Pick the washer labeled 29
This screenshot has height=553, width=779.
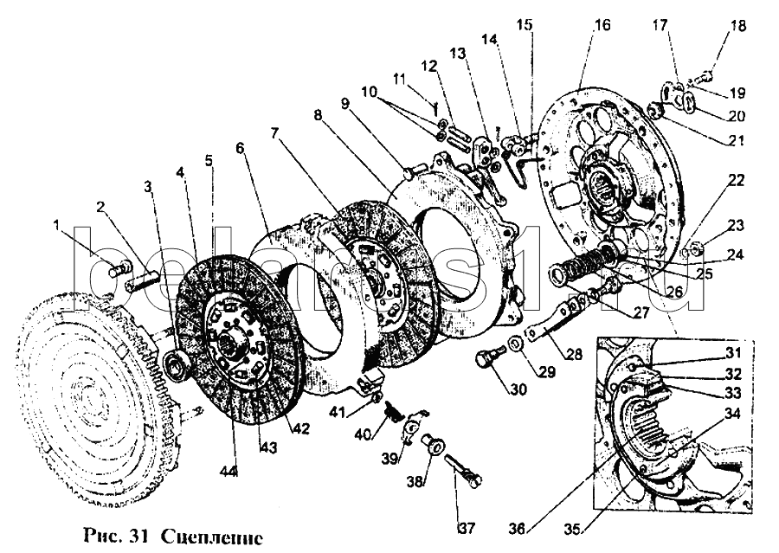516,346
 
